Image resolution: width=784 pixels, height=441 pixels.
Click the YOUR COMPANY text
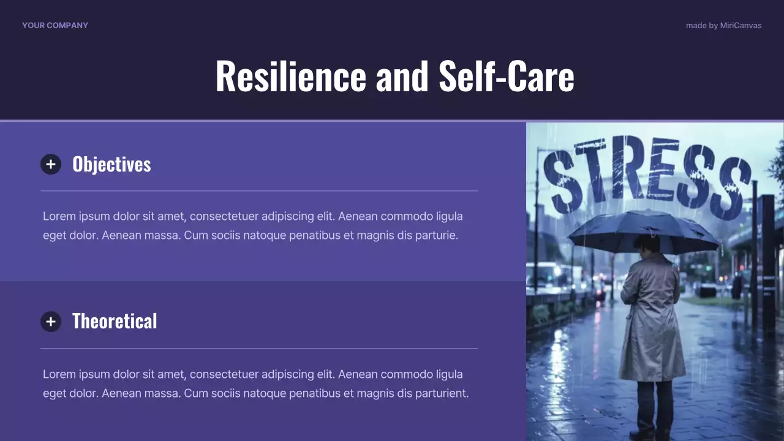tap(55, 25)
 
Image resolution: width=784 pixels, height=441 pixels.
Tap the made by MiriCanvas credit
tap(723, 26)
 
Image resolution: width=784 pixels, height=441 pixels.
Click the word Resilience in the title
tap(290, 76)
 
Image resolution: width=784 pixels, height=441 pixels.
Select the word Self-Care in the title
tap(507, 76)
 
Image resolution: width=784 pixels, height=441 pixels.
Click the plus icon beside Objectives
tap(51, 164)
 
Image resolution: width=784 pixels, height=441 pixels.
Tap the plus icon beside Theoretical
tap(51, 322)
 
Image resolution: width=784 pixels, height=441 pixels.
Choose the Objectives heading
tap(111, 164)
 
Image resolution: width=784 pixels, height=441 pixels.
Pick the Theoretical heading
tap(115, 322)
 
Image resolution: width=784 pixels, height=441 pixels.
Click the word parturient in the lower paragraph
tap(441, 393)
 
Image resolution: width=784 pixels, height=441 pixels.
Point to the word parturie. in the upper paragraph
tap(437, 235)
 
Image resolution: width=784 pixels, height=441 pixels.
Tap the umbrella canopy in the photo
tap(643, 230)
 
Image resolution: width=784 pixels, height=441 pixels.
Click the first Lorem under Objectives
tap(58, 216)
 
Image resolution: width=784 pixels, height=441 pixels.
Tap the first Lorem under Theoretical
tap(58, 374)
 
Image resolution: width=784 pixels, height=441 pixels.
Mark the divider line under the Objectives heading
tap(258, 191)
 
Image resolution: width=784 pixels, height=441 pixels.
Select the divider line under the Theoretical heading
tap(258, 349)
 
